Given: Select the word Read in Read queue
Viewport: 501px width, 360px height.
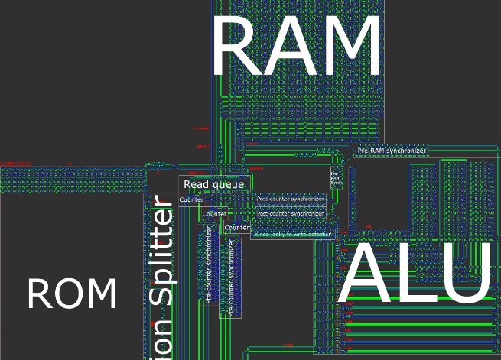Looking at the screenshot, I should click(x=196, y=184).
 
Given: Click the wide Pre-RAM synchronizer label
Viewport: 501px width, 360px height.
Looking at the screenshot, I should click(x=392, y=151).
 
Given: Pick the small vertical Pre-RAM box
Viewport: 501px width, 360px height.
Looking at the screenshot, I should click(x=336, y=178).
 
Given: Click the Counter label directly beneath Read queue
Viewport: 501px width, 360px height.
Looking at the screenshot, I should click(x=191, y=200).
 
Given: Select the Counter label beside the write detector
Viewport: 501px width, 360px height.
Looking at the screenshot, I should click(x=238, y=228).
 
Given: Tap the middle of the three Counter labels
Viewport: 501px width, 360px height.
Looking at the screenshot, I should click(x=214, y=214).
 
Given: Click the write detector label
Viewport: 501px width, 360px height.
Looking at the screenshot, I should click(x=293, y=234).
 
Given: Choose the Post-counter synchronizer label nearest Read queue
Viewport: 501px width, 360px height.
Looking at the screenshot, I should click(x=291, y=199).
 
